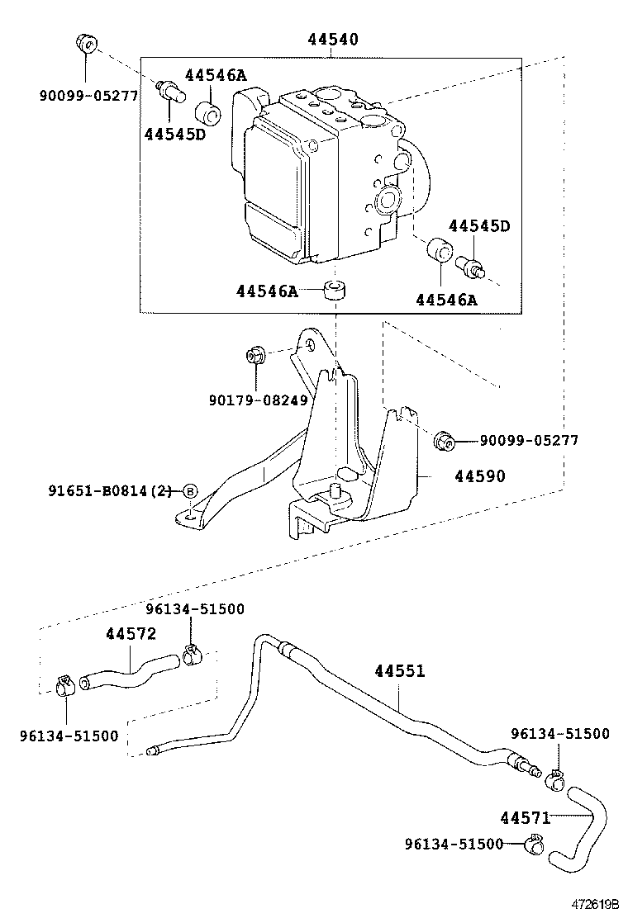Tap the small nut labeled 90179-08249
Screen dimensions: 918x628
(x=255, y=357)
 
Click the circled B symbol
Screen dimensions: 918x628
(x=189, y=491)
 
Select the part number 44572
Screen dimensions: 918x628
(x=131, y=633)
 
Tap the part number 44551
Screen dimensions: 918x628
(x=399, y=671)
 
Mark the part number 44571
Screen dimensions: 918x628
(x=525, y=817)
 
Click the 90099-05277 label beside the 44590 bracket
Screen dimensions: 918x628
(x=529, y=441)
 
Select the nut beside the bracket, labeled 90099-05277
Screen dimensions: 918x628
(x=445, y=442)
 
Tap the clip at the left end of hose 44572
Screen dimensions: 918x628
(x=64, y=684)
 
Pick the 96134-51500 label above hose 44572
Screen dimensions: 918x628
(x=195, y=608)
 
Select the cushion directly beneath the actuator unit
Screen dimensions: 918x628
(x=334, y=291)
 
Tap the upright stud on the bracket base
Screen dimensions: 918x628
(x=336, y=490)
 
